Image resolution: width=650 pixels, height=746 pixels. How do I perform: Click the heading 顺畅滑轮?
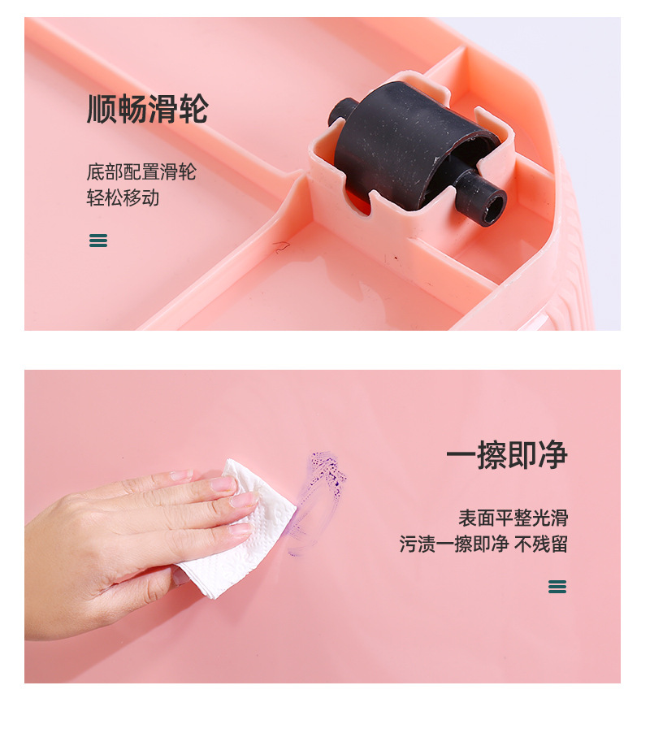(x=148, y=109)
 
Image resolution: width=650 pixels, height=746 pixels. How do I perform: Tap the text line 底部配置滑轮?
(x=141, y=172)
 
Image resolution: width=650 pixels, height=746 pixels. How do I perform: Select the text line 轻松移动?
(x=123, y=197)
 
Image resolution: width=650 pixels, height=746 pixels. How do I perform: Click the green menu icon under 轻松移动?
(x=98, y=240)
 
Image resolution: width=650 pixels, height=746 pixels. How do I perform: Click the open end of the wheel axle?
(x=491, y=208)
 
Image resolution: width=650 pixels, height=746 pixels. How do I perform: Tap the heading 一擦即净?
(x=506, y=455)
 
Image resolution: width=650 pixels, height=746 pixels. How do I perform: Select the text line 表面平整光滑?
(x=513, y=518)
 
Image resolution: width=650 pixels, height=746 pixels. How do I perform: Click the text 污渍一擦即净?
(x=453, y=544)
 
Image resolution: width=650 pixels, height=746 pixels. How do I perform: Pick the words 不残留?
(x=541, y=544)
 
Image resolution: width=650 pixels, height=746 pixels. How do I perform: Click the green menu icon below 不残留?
(x=557, y=587)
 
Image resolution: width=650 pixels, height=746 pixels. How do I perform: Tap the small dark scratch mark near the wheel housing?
(x=280, y=245)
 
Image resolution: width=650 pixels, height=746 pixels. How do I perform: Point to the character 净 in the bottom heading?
(x=552, y=455)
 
